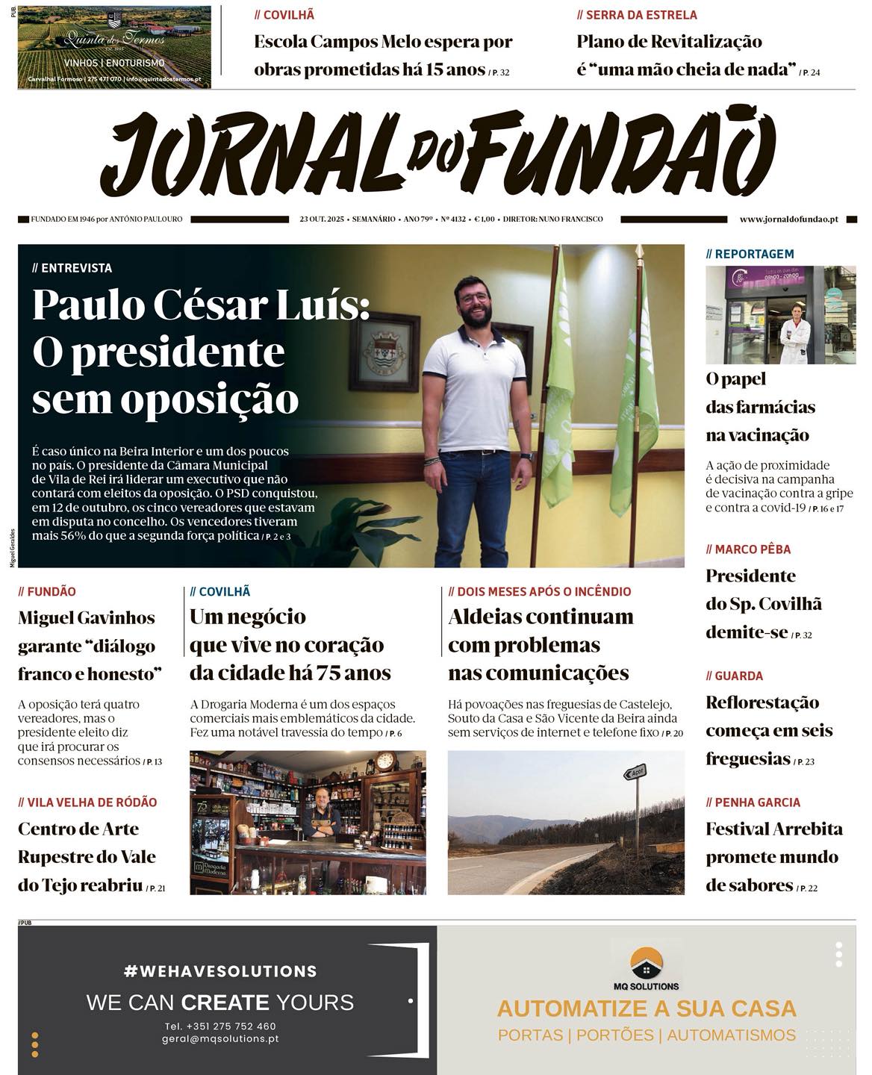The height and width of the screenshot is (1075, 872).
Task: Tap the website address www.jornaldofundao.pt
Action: click(788, 219)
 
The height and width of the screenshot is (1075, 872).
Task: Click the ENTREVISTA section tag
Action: click(72, 268)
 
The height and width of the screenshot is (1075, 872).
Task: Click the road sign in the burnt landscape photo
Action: click(635, 773)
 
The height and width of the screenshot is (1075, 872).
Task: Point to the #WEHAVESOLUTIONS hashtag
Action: click(220, 971)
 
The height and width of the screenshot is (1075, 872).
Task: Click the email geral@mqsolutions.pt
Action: click(220, 1038)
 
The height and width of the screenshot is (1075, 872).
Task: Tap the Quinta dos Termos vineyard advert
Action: click(114, 47)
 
